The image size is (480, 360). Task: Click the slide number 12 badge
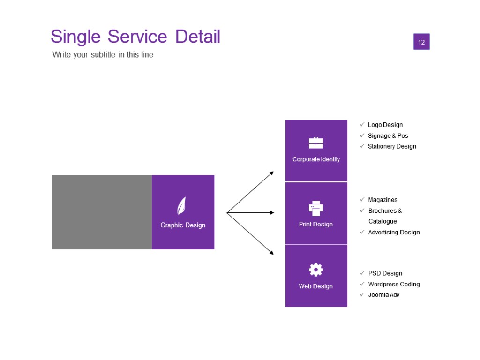tap(421, 42)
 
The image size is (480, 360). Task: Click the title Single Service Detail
tap(135, 37)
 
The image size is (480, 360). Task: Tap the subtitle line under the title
tap(103, 54)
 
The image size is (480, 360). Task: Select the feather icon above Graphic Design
tap(181, 206)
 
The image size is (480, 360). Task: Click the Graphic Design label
tap(183, 225)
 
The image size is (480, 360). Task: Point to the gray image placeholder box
tap(102, 212)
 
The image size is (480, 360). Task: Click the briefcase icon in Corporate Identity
tap(316, 142)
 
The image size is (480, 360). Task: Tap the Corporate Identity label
tap(316, 159)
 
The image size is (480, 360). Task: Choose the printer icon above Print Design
tap(316, 208)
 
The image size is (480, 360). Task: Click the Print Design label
tap(316, 224)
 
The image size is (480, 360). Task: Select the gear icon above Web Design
tap(316, 270)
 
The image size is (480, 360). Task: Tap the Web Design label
tap(316, 286)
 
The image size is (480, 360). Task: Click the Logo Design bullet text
tap(385, 125)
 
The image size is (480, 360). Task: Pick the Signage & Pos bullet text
tap(388, 135)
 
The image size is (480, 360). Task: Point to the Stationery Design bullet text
tap(392, 146)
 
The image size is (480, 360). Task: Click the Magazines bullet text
tap(383, 200)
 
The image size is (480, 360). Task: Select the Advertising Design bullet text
tap(394, 232)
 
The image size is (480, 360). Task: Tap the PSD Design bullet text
tap(385, 273)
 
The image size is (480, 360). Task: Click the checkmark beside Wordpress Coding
tap(362, 284)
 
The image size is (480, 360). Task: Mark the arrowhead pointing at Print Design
tap(271, 213)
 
